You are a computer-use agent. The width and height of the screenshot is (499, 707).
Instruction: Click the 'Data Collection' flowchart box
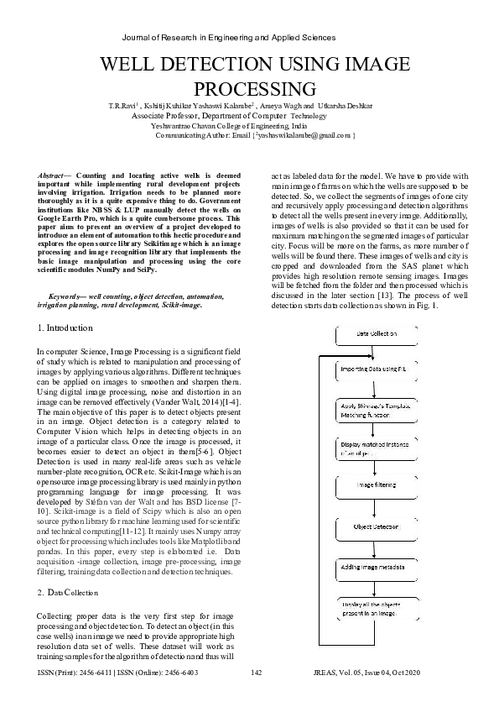pyautogui.click(x=382, y=334)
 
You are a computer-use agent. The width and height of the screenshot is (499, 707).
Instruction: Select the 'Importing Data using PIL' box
pyautogui.click(x=382, y=369)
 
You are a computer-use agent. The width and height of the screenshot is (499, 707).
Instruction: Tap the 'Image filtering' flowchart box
pyautogui.click(x=382, y=484)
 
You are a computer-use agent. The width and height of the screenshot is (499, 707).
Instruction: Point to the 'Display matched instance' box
pyautogui.click(x=382, y=449)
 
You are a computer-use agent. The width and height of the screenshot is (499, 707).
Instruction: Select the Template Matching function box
pyautogui.click(x=382, y=408)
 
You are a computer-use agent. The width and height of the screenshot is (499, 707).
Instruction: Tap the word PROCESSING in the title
pyautogui.click(x=254, y=89)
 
